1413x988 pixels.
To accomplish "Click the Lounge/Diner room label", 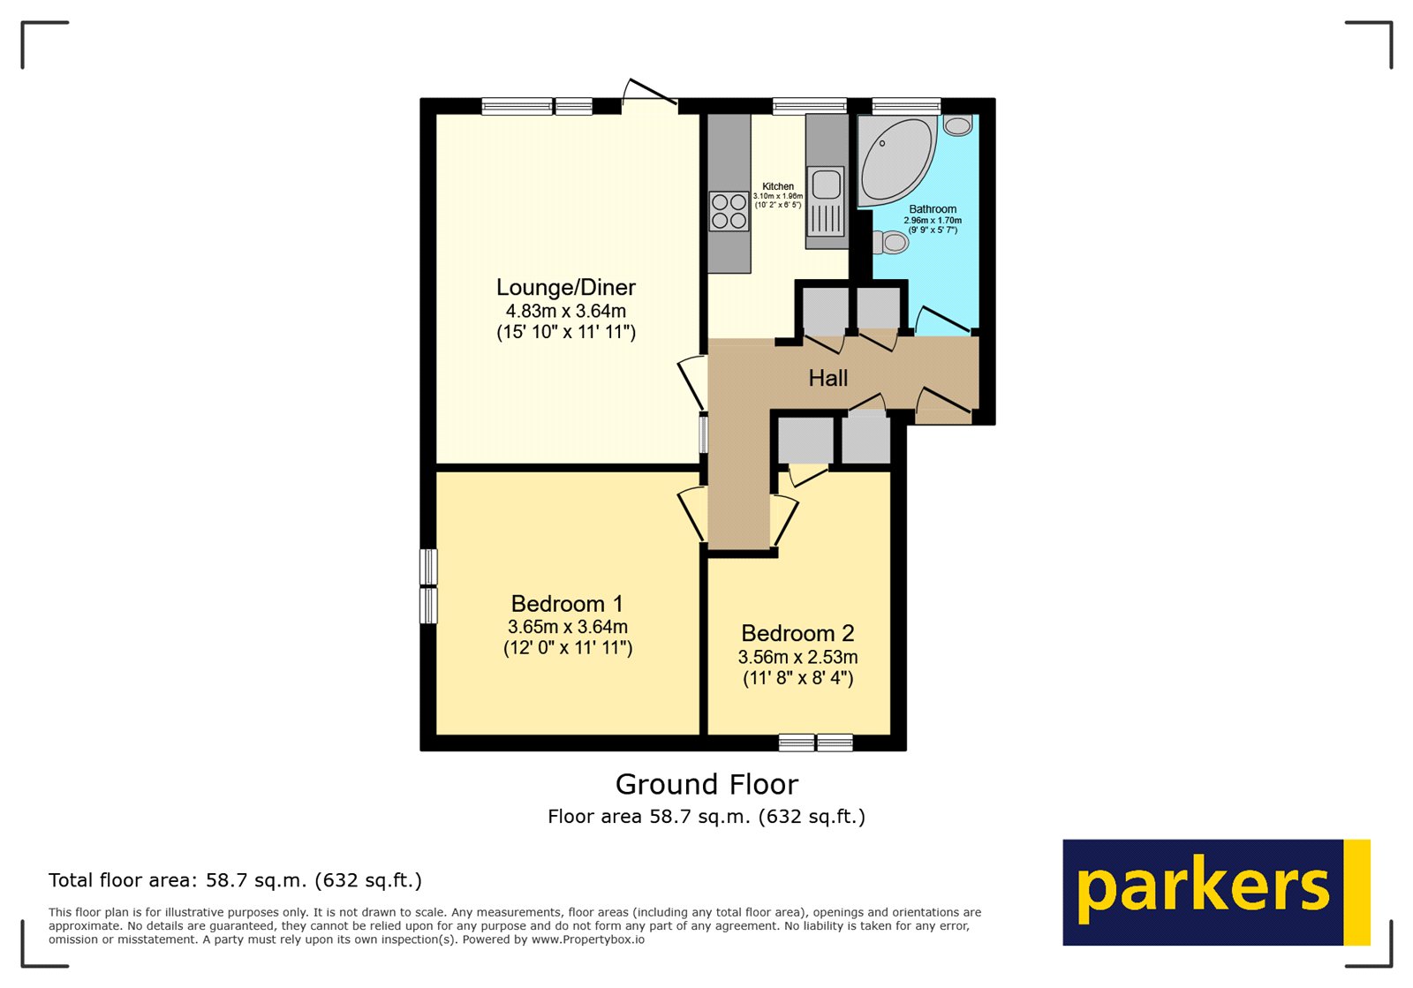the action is [x=566, y=288].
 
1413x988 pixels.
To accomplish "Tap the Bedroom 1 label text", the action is [x=567, y=603].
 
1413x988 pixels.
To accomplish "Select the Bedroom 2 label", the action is [x=797, y=633].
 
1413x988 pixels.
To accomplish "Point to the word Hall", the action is [x=828, y=378].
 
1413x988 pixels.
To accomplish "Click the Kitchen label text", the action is [x=778, y=186].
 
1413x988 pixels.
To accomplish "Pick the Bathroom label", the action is [x=933, y=209].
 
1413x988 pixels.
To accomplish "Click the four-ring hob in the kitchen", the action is [x=729, y=211].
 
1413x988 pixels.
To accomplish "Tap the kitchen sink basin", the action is [x=825, y=185].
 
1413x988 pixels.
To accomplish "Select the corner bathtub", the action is [x=895, y=161].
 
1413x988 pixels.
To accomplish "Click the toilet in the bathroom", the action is [x=890, y=242].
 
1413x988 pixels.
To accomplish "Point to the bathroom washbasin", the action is [x=957, y=124].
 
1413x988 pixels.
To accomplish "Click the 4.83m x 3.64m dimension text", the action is [x=566, y=311].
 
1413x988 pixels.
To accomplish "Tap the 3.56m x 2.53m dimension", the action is [x=797, y=657].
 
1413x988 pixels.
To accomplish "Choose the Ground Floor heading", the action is [x=706, y=784].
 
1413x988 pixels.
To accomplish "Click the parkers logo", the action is [x=1216, y=892].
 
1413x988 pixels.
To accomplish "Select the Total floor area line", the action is [x=235, y=880].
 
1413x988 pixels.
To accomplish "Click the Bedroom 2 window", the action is [x=816, y=743].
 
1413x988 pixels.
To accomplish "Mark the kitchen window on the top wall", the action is [x=809, y=106].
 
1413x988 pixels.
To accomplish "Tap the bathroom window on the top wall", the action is [x=906, y=106].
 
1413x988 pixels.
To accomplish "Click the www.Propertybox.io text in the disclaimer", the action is [x=588, y=939].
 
